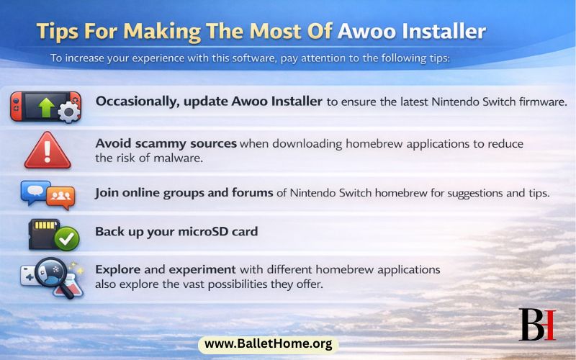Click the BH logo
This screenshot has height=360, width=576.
point(537,324)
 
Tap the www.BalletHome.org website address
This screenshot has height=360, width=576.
point(268,344)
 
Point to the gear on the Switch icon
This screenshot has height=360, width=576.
point(68,112)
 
